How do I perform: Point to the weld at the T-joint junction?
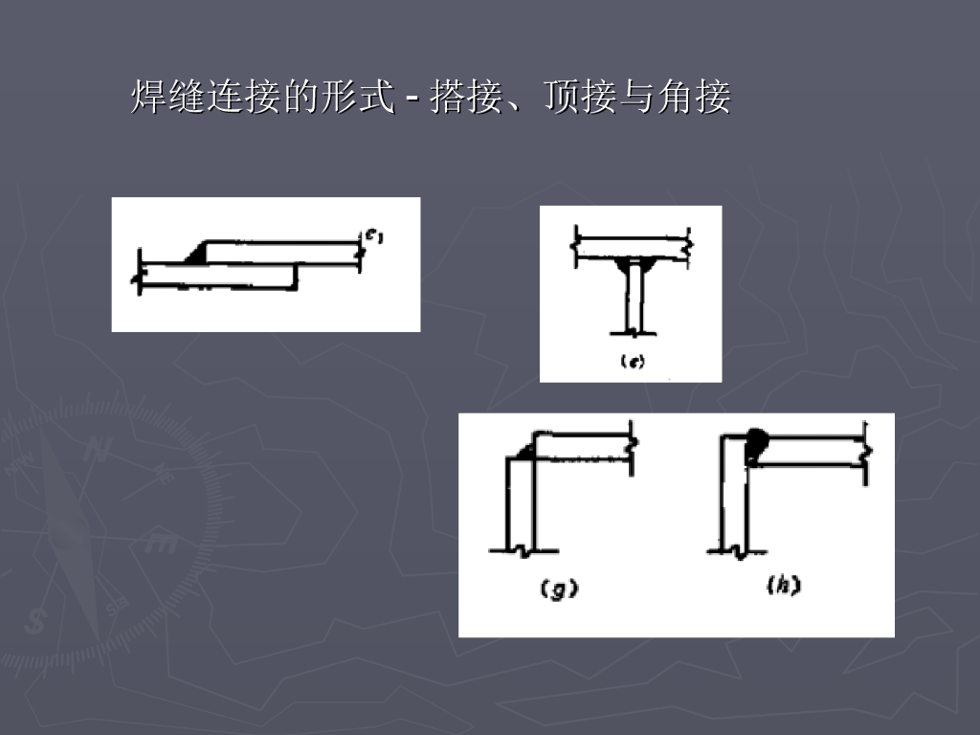pyautogui.click(x=632, y=262)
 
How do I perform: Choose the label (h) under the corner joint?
pyautogui.click(x=783, y=587)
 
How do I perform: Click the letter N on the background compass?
pyautogui.click(x=95, y=449)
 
